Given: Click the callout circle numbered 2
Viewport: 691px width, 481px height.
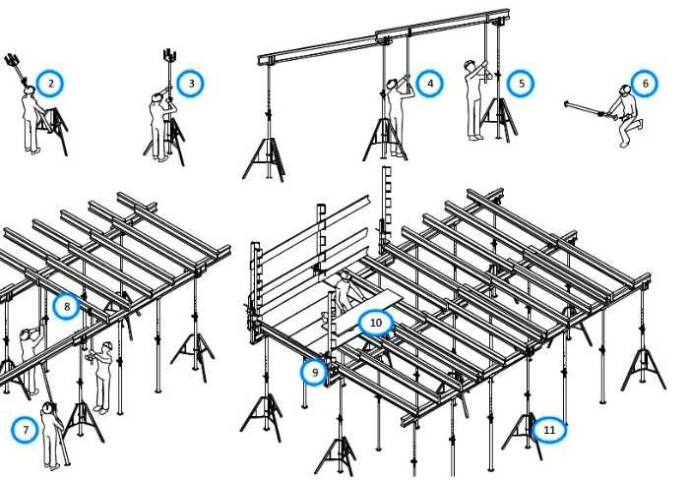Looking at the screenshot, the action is pyautogui.click(x=50, y=84).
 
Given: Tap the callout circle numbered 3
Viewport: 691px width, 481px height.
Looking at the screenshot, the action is pyautogui.click(x=191, y=84).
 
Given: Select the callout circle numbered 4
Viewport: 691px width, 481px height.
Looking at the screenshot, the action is pyautogui.click(x=430, y=84).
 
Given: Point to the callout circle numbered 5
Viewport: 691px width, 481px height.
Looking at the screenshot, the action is pyautogui.click(x=521, y=84).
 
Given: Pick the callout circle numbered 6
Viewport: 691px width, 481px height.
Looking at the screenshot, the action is pyautogui.click(x=646, y=84).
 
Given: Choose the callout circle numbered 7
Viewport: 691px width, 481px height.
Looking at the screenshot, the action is pyautogui.click(x=26, y=430).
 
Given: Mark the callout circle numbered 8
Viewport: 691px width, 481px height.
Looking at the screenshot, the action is pyautogui.click(x=67, y=307).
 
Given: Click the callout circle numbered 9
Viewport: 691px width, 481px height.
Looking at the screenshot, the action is pyautogui.click(x=315, y=373).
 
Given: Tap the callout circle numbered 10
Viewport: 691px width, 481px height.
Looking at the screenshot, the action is pyautogui.click(x=375, y=323).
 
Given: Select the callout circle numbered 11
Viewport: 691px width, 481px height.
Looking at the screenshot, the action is pyautogui.click(x=549, y=430).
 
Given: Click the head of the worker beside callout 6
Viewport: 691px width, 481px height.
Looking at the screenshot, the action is pyautogui.click(x=625, y=90).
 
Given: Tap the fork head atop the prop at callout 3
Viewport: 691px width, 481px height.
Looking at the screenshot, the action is pyautogui.click(x=170, y=55).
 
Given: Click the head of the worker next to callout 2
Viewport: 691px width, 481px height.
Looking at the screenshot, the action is pyautogui.click(x=30, y=90).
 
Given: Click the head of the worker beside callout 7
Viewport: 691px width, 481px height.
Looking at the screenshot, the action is pyautogui.click(x=47, y=408).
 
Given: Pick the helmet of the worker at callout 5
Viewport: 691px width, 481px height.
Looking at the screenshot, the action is pyautogui.click(x=469, y=63).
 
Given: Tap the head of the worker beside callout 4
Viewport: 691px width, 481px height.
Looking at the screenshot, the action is pyautogui.click(x=392, y=84).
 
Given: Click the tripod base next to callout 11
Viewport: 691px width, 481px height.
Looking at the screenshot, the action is pyautogui.click(x=523, y=436).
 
